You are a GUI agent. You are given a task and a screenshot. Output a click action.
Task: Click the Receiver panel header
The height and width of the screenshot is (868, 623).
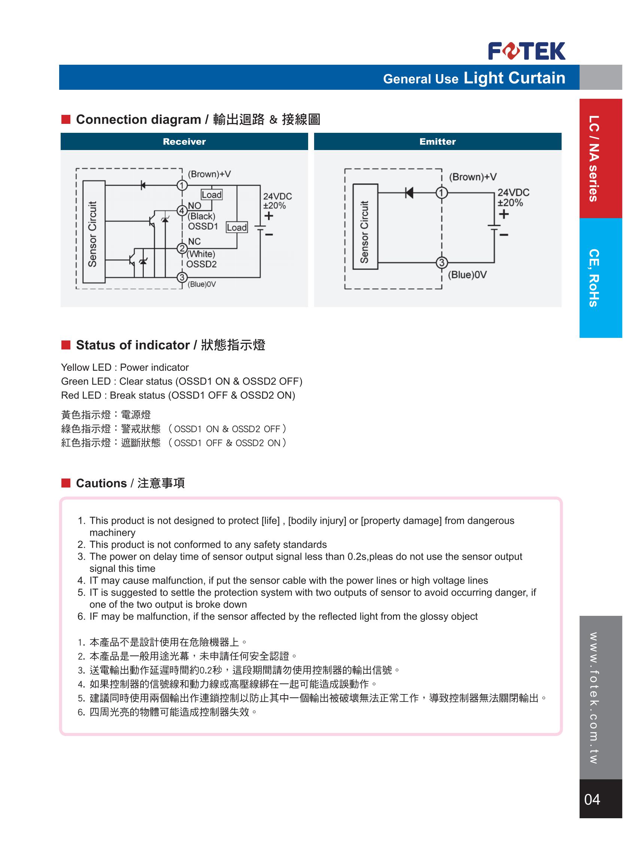pyautogui.click(x=184, y=141)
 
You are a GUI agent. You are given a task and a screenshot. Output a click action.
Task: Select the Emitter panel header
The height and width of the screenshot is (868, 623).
pyautogui.click(x=437, y=141)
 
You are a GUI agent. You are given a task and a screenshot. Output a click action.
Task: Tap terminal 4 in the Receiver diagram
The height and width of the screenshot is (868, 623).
pyautogui.click(x=182, y=211)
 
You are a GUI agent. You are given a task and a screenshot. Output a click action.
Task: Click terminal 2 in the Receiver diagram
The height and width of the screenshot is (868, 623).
pyautogui.click(x=182, y=249)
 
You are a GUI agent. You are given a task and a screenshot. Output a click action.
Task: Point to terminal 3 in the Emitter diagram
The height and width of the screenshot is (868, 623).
pyautogui.click(x=442, y=263)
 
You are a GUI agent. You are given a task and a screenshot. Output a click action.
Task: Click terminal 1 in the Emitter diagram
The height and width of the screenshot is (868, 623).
pyautogui.click(x=442, y=193)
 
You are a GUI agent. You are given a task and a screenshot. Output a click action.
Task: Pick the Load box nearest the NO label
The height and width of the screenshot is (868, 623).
pyautogui.click(x=212, y=195)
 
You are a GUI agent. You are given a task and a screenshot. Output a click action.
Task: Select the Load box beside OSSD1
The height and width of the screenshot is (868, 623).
pyautogui.click(x=237, y=227)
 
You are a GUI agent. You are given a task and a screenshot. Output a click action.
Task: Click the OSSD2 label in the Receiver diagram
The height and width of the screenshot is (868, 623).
pyautogui.click(x=201, y=264)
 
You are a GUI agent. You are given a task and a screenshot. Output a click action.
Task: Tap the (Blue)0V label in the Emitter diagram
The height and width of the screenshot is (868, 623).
pyautogui.click(x=467, y=275)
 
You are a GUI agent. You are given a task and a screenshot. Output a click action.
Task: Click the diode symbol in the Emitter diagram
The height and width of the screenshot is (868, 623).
pyautogui.click(x=409, y=193)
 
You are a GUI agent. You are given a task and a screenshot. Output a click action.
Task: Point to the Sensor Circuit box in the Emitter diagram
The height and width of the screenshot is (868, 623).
pyautogui.click(x=365, y=227)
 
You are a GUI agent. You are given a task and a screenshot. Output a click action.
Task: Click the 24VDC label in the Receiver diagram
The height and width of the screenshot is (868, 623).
pyautogui.click(x=277, y=196)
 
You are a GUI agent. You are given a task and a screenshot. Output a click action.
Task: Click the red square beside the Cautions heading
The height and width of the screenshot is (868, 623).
pyautogui.click(x=66, y=483)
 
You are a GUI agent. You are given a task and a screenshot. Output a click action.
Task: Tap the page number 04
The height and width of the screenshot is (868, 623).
pyautogui.click(x=592, y=799)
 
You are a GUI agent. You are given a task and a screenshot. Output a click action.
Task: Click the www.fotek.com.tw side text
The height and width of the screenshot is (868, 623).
pyautogui.click(x=593, y=698)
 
